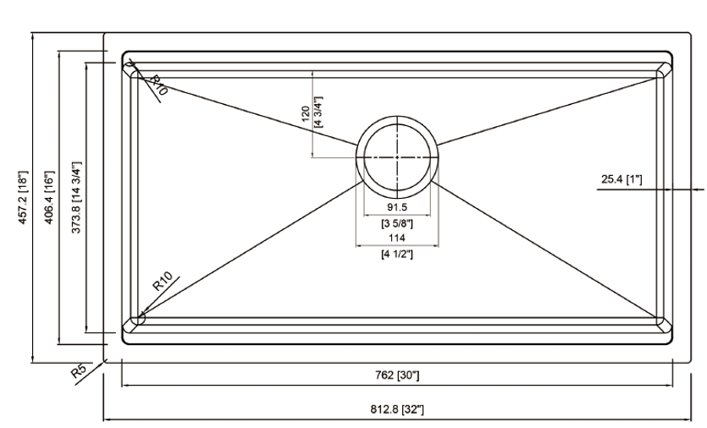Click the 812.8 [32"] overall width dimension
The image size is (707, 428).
coord(397,409)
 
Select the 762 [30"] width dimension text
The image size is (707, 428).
coord(397,375)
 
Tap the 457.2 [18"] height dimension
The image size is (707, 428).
coord(23,197)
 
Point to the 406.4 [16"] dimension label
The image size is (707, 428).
coord(49,197)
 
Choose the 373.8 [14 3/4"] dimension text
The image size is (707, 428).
coord(76,197)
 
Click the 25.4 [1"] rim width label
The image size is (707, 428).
coord(621,179)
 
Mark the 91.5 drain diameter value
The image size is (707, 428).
coord(397,206)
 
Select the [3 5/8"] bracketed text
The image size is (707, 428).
coord(397,222)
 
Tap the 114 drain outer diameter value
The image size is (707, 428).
coord(397,238)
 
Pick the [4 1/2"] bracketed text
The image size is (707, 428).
coord(397,254)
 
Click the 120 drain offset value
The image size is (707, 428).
coord(306,113)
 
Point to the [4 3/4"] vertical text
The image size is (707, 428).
coord(318,112)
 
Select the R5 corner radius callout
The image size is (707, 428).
coord(79,371)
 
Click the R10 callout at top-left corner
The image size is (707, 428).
coord(158,85)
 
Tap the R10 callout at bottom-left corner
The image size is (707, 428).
coord(163,281)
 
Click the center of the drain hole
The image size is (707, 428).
coord(397,157)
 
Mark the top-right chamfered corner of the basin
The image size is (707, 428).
coord(664,70)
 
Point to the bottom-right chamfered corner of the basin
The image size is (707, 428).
coord(664,326)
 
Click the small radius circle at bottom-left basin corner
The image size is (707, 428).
coord(141,319)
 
